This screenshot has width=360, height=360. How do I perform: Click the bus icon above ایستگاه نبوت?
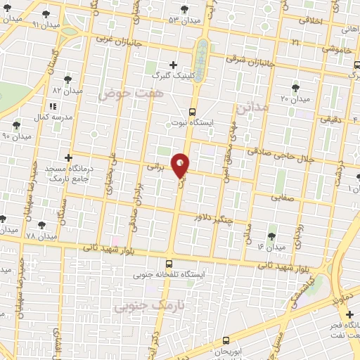[193, 111]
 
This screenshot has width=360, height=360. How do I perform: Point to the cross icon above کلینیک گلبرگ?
[173, 65]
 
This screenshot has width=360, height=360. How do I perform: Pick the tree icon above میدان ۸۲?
[67, 79]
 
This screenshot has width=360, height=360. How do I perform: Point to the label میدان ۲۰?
[296, 99]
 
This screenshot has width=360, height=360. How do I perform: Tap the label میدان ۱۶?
[271, 247]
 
